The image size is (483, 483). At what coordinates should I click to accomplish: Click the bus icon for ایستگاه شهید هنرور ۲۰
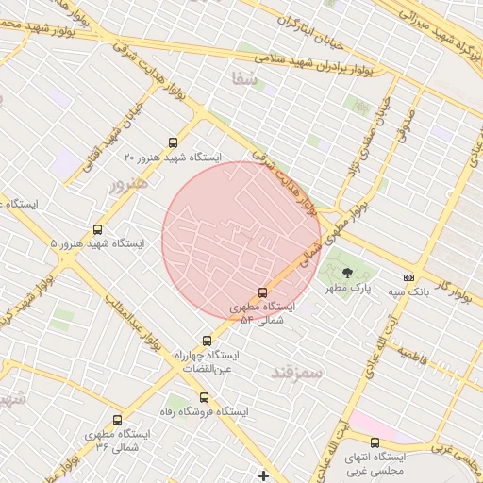(x=171, y=142)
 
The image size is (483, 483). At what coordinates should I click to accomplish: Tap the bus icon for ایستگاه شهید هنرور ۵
(x=98, y=229)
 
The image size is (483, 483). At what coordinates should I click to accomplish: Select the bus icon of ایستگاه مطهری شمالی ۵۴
(x=262, y=292)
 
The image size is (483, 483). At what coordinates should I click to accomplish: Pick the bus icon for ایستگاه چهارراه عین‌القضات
(x=207, y=341)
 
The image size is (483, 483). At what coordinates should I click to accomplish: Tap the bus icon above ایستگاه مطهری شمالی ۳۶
(x=117, y=420)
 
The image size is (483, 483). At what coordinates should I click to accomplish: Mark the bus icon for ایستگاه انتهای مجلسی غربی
(x=375, y=442)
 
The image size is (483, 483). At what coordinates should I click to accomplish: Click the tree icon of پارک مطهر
(x=347, y=272)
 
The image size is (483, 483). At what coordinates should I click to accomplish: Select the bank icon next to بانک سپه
(x=408, y=277)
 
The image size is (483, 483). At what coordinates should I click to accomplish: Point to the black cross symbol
(x=263, y=475)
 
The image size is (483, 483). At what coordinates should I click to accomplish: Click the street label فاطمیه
(x=413, y=355)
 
